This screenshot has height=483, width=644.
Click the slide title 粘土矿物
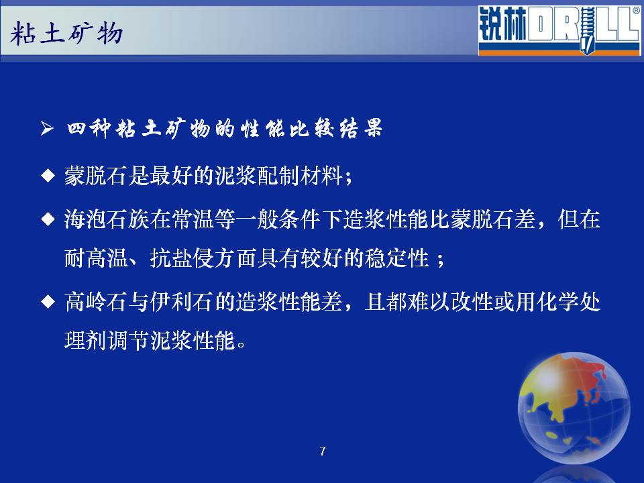click(66, 34)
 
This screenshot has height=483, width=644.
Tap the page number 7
click(323, 451)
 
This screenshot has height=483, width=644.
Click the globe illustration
click(574, 409)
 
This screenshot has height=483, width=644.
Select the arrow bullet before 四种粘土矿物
click(47, 128)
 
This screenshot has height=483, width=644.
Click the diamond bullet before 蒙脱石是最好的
click(48, 176)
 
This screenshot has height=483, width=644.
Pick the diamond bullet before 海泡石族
click(48, 219)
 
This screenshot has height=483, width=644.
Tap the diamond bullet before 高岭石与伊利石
click(48, 303)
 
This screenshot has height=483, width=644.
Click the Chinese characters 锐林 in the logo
click(502, 24)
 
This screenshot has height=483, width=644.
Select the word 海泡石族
click(107, 219)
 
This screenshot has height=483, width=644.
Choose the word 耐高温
click(96, 259)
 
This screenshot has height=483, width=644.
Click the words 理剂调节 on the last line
click(107, 341)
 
